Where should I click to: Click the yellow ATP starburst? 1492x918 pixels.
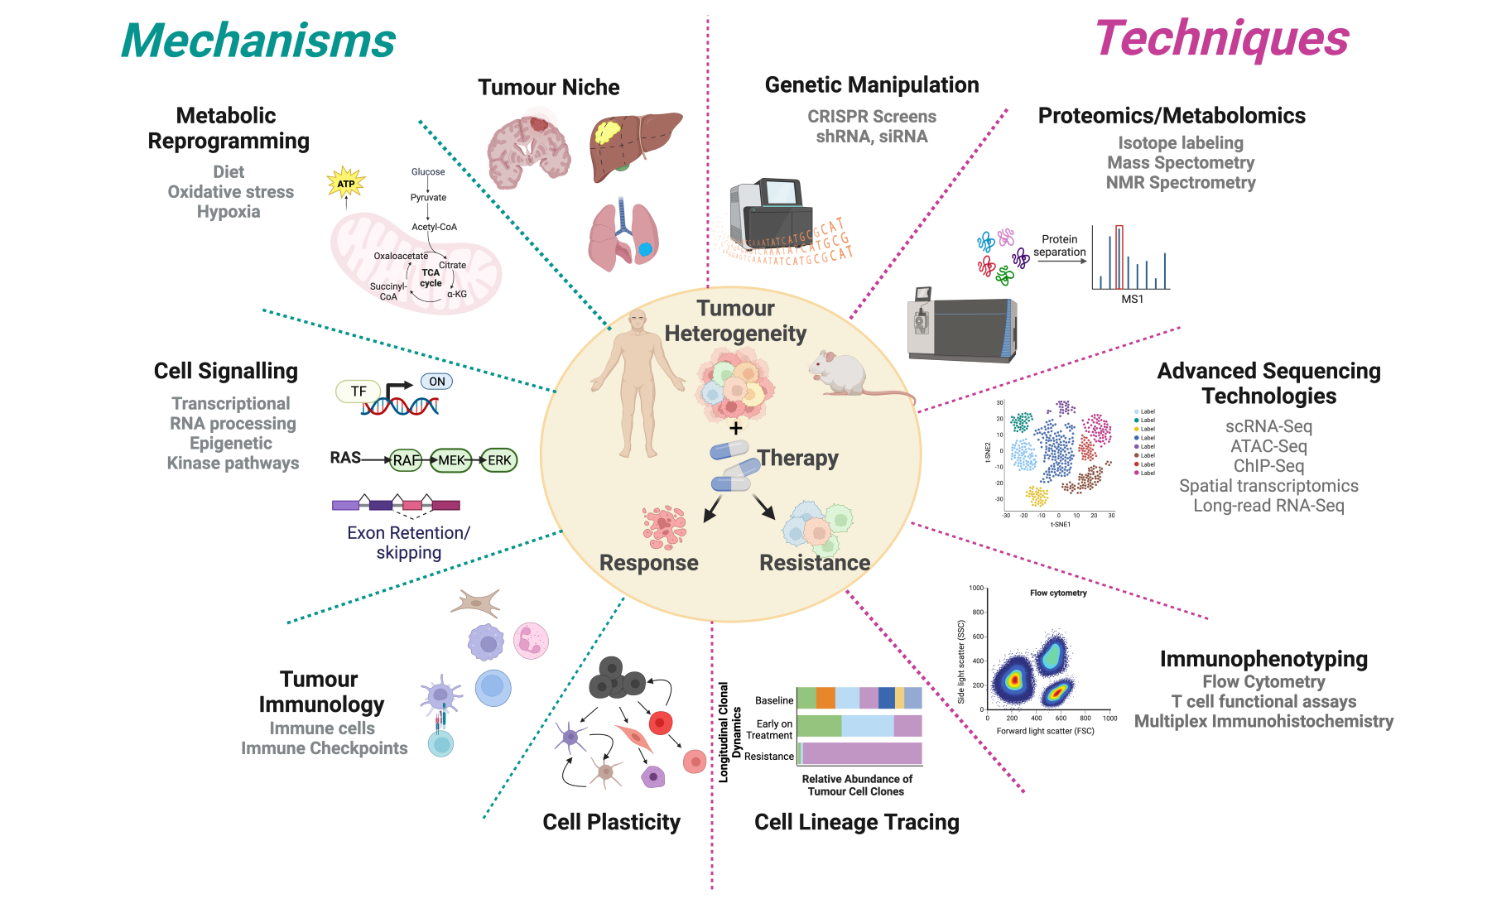[346, 183]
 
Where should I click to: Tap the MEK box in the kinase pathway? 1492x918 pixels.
[451, 460]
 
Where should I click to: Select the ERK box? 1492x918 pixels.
[499, 460]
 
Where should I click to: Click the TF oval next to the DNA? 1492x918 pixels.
[359, 392]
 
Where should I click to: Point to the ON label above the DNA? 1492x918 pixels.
[437, 382]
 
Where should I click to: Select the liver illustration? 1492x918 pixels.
[634, 145]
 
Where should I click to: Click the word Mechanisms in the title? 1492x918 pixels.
[258, 41]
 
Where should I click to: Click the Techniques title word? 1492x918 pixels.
[1222, 39]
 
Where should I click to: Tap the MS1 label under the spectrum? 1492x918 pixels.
[1132, 299]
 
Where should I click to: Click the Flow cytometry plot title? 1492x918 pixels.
[1058, 593]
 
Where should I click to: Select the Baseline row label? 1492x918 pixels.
[774, 700]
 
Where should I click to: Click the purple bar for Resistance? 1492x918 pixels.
[861, 753]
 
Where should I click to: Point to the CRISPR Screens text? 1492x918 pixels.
[872, 117]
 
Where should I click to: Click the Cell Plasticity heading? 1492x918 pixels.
[611, 822]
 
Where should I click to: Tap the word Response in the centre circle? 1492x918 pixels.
[648, 563]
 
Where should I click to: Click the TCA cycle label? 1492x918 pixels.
[431, 277]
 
